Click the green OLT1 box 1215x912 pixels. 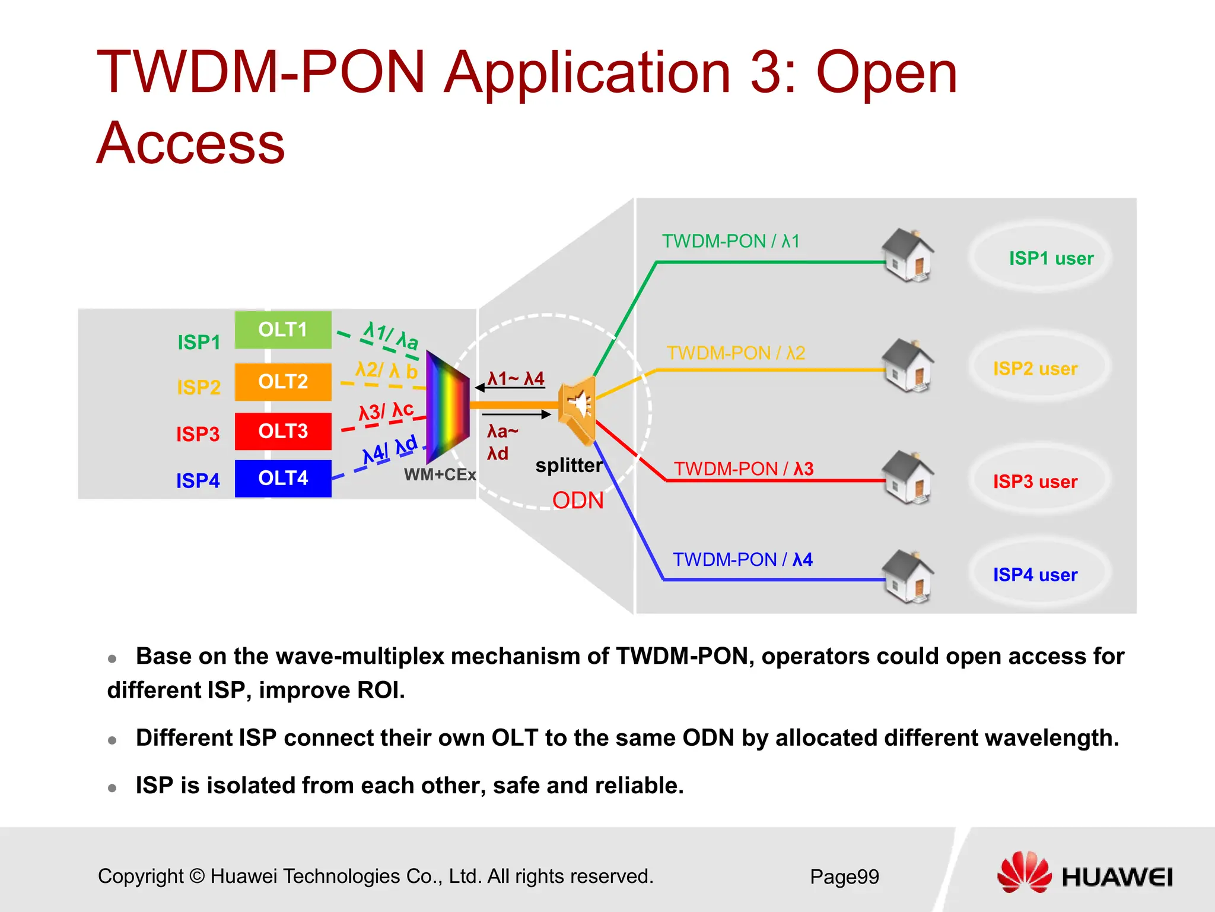click(x=283, y=330)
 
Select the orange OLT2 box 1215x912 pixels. click(x=283, y=382)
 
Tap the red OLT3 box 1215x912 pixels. click(x=283, y=431)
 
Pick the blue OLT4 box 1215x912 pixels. click(x=283, y=479)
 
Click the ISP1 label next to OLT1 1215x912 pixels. click(x=199, y=343)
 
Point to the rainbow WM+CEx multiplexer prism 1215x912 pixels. click(x=447, y=407)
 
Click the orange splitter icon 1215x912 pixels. click(x=577, y=408)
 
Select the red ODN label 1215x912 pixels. click(x=577, y=501)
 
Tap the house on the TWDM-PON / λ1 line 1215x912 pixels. click(x=908, y=255)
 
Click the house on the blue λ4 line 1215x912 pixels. click(x=908, y=576)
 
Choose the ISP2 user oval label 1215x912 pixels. click(x=1035, y=369)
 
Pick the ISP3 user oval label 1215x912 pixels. click(x=1035, y=482)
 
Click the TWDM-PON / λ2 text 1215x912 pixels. click(x=736, y=353)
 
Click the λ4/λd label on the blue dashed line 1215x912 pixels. click(x=390, y=450)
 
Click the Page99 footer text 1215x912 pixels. click(x=844, y=877)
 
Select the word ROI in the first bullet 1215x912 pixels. click(x=380, y=691)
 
